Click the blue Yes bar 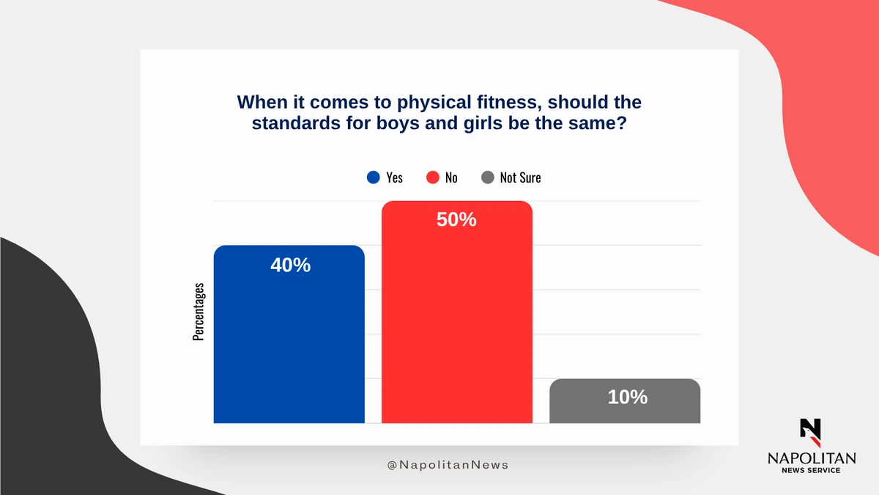point(289,334)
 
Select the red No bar point(457,312)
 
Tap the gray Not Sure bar point(625,401)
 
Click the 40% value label point(290,265)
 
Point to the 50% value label point(456,219)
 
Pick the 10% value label point(628,397)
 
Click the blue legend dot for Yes point(373,177)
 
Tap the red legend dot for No point(432,177)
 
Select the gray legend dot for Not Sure point(487,177)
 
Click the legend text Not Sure point(520,177)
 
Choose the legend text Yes point(394,177)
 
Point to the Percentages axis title point(199,312)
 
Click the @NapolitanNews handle point(448,465)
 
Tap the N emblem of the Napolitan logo point(811,433)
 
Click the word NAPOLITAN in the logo point(812,458)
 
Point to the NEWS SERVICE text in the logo point(811,470)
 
